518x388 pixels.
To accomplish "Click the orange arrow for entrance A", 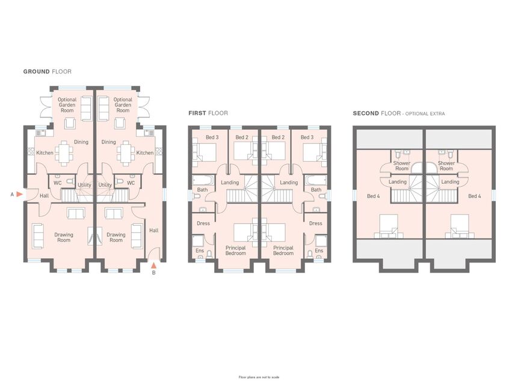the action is pyautogui.click(x=19, y=195).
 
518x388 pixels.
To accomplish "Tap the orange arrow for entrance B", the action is pyautogui.click(x=153, y=265).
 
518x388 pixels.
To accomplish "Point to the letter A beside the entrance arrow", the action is pyautogui.click(x=12, y=195).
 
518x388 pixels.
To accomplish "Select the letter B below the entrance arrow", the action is pyautogui.click(x=153, y=273).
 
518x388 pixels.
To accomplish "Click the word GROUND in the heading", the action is pyautogui.click(x=36, y=71).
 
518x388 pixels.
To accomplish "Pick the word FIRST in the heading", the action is pyautogui.click(x=197, y=113).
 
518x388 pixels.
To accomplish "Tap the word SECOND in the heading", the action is pyautogui.click(x=366, y=113).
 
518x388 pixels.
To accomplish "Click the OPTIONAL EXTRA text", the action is pyautogui.click(x=425, y=114).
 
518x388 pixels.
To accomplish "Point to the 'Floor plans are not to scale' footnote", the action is pyautogui.click(x=259, y=377).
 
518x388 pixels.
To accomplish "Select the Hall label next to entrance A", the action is pyautogui.click(x=45, y=196).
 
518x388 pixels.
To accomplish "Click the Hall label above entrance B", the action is pyautogui.click(x=154, y=230).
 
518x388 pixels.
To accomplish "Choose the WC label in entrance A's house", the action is pyautogui.click(x=58, y=183).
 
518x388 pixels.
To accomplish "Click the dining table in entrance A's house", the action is pyautogui.click(x=64, y=153).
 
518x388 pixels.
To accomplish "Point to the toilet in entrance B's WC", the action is pyautogui.click(x=120, y=181).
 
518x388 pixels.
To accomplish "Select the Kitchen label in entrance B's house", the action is pyautogui.click(x=145, y=153).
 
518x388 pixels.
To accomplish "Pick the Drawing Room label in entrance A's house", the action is pyautogui.click(x=64, y=237).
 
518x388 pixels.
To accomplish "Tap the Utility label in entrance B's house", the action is pyautogui.click(x=105, y=185).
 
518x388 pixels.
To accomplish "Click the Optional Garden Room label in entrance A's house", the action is pyautogui.click(x=67, y=105).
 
